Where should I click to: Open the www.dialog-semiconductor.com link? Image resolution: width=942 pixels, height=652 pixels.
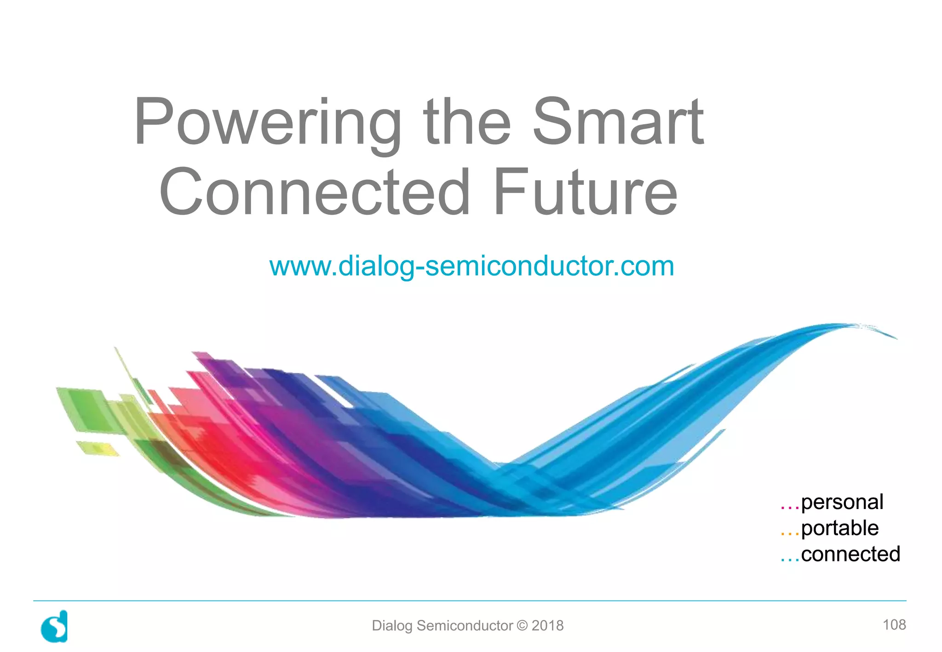[x=471, y=266]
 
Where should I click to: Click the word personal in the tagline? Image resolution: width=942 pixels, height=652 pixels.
[x=842, y=502]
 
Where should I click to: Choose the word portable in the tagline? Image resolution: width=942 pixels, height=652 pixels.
[x=839, y=528]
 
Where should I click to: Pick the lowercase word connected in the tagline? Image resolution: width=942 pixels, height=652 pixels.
[x=850, y=555]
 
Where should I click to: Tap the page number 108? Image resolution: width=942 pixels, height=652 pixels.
[x=894, y=625]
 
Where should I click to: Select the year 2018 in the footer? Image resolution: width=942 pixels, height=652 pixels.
[x=547, y=626]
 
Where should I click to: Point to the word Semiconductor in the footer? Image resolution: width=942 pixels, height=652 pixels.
[x=465, y=626]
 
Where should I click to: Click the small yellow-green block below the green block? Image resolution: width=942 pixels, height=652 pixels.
[x=97, y=448]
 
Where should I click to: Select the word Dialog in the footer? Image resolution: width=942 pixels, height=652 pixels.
[x=392, y=626]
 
